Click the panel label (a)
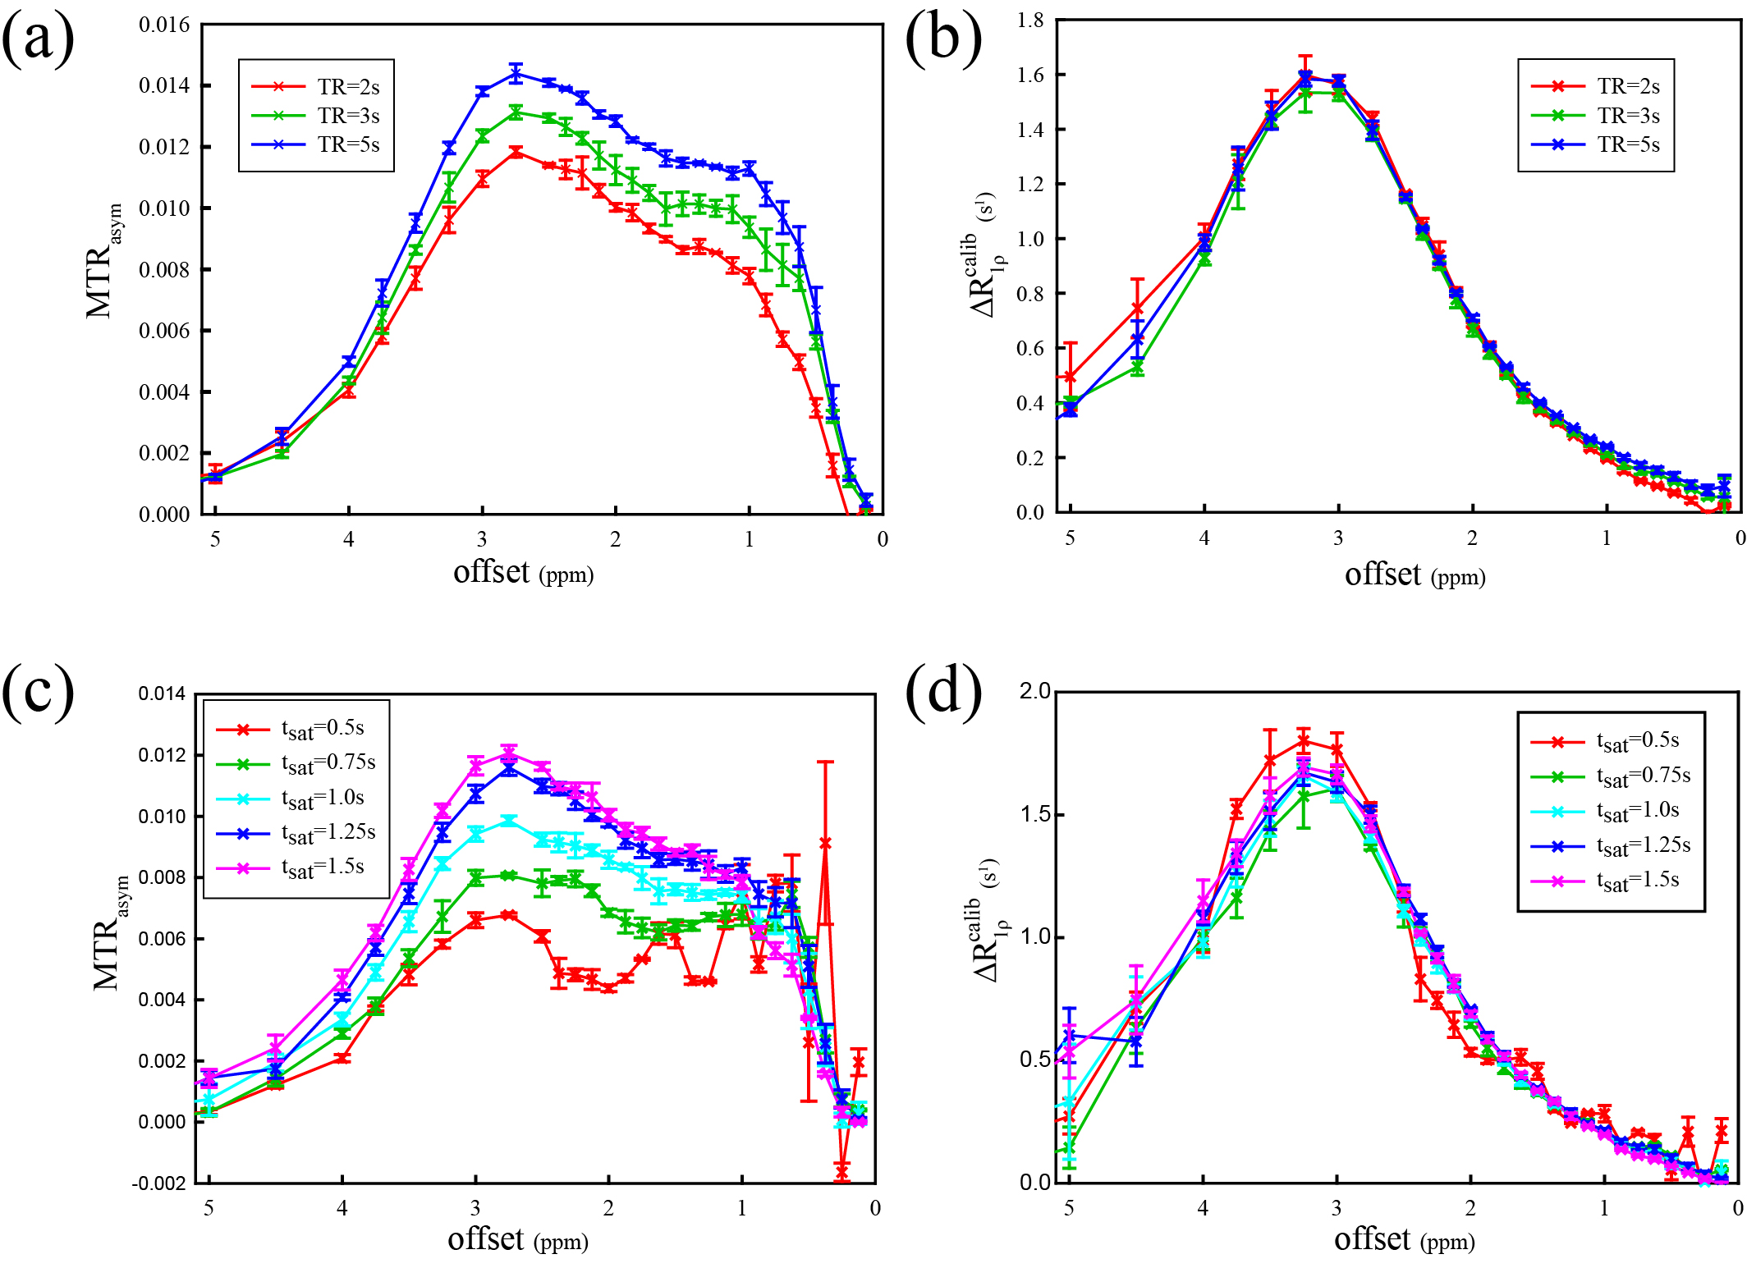coord(39,39)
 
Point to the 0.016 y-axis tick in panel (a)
coord(164,25)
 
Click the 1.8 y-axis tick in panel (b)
coord(1030,21)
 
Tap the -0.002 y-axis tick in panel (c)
coord(159,1183)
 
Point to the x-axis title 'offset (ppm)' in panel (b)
coord(1415,574)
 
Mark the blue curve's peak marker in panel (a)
coord(516,74)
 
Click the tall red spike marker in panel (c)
coord(825,843)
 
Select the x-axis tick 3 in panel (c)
coord(475,1208)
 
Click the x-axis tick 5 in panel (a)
coord(215,539)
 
